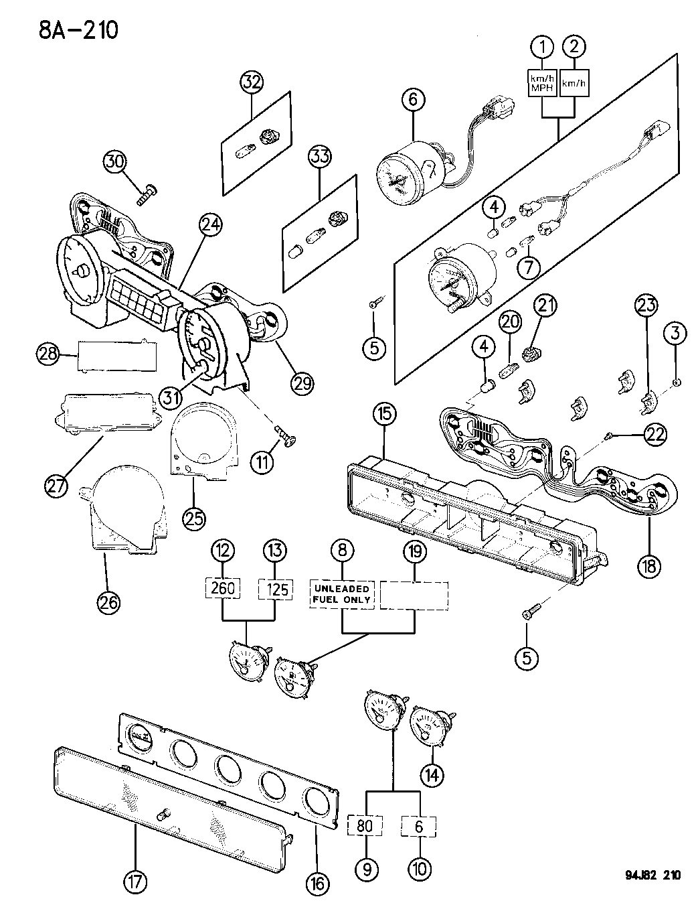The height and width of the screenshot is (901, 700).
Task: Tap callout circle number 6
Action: click(413, 100)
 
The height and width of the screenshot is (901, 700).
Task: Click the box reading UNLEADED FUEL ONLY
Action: click(341, 594)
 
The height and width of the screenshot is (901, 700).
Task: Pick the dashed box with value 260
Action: click(223, 588)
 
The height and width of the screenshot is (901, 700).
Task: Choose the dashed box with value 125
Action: click(276, 589)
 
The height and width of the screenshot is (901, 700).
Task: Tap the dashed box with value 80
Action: click(365, 825)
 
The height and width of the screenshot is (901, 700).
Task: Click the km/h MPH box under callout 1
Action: click(542, 83)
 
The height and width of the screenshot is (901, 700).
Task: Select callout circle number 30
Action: click(115, 161)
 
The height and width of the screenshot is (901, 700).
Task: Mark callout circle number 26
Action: click(109, 602)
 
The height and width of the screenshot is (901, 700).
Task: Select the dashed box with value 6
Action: click(418, 825)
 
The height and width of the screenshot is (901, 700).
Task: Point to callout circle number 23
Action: click(646, 306)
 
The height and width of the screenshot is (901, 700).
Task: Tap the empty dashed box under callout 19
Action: click(414, 595)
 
